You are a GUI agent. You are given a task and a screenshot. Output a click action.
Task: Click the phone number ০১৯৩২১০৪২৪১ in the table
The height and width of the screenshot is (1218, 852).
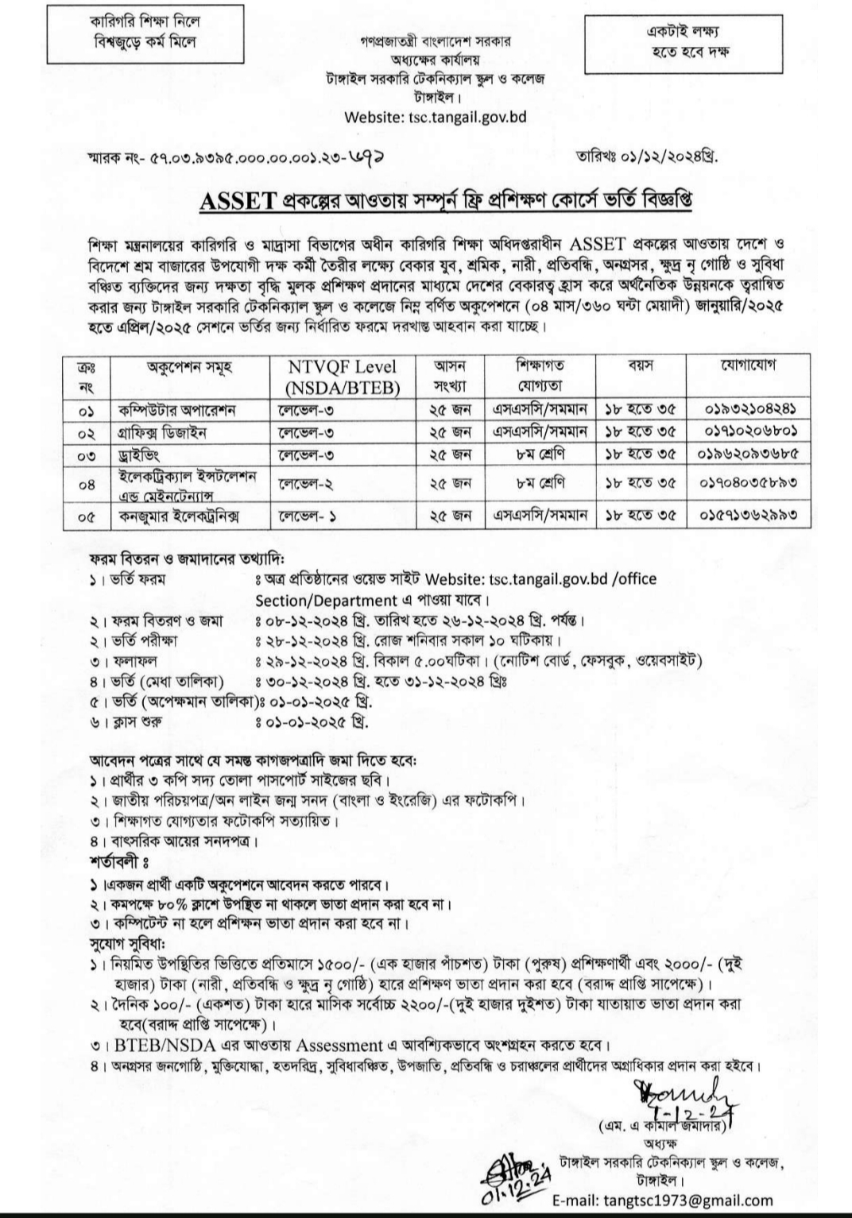point(750,409)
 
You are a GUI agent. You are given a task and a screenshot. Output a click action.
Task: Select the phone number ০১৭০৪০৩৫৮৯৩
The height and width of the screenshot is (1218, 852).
point(750,482)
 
